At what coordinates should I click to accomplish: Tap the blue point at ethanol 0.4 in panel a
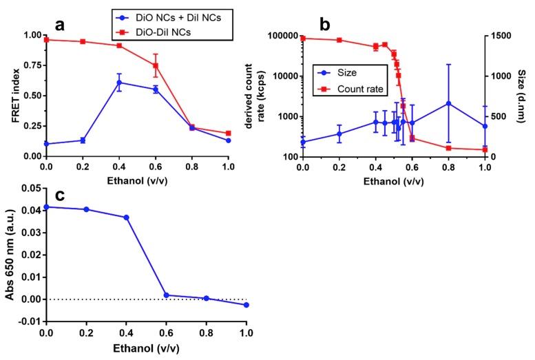point(119,83)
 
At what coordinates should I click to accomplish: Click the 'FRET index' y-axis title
point(14,96)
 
